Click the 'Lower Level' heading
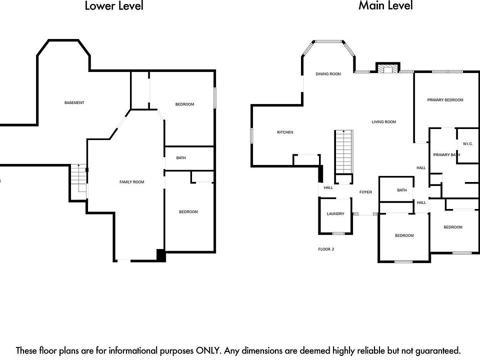click(114, 6)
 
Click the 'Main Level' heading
click(385, 6)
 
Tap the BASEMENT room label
click(74, 103)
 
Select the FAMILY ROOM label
click(131, 182)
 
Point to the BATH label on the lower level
click(181, 158)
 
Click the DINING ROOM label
click(328, 74)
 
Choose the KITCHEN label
click(285, 132)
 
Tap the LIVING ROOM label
click(383, 122)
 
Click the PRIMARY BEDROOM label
click(445, 100)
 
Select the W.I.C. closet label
click(467, 144)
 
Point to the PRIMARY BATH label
click(446, 155)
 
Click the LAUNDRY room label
click(335, 214)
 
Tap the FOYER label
click(365, 192)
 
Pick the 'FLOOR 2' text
click(326, 249)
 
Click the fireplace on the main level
click(387, 69)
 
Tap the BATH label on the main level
click(402, 190)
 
